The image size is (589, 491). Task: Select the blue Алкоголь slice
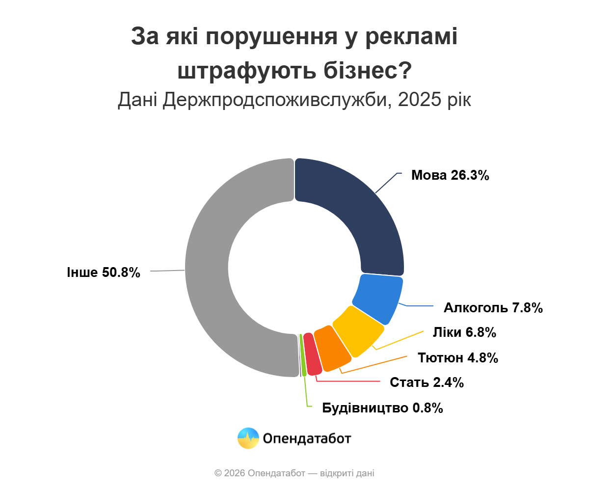pos(378,297)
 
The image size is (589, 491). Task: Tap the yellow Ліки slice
pos(357,330)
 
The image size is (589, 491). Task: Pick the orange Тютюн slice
pos(332,348)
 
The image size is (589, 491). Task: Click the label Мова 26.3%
pos(450,175)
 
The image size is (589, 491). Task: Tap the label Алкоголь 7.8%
pos(493,308)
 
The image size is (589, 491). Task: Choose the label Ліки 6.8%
pos(464,332)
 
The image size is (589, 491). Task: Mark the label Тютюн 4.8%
pos(458,357)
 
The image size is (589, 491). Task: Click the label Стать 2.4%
pos(427,382)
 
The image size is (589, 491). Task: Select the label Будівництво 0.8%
pos(383,408)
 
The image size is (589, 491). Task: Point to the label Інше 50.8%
pos(104,272)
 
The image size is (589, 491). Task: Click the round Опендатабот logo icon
pos(248,438)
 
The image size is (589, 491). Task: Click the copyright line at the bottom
pos(294,473)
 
